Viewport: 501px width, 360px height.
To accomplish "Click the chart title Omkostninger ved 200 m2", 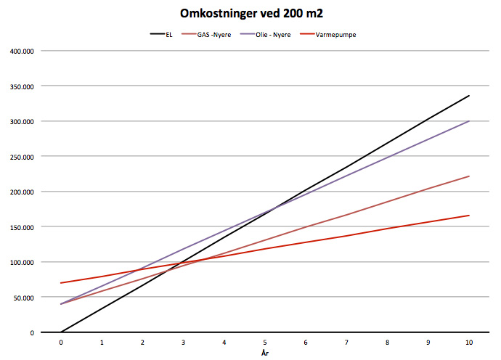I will pyautogui.click(x=250, y=14).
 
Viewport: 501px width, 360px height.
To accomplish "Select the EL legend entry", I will pyautogui.click(x=168, y=35).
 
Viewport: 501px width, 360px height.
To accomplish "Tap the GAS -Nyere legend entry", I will pyautogui.click(x=216, y=35).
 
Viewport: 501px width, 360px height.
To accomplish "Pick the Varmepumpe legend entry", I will pyautogui.click(x=338, y=35).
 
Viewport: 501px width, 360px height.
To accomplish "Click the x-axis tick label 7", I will pyautogui.click(x=347, y=342).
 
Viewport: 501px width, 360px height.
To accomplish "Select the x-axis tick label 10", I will pyautogui.click(x=469, y=342).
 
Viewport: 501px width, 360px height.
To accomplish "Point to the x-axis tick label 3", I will pyautogui.click(x=184, y=342).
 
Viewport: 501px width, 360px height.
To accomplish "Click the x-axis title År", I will pyautogui.click(x=265, y=352).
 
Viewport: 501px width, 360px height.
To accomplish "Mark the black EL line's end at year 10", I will pyautogui.click(x=469, y=96).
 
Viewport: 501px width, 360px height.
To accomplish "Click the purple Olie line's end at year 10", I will pyautogui.click(x=469, y=121).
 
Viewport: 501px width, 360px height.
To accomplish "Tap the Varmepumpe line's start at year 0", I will pyautogui.click(x=62, y=283).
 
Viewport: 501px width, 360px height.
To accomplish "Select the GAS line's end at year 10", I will pyautogui.click(x=469, y=176).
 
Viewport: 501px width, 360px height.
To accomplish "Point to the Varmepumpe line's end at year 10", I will pyautogui.click(x=469, y=216).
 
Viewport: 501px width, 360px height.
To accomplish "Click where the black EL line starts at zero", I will pyautogui.click(x=62, y=332).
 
